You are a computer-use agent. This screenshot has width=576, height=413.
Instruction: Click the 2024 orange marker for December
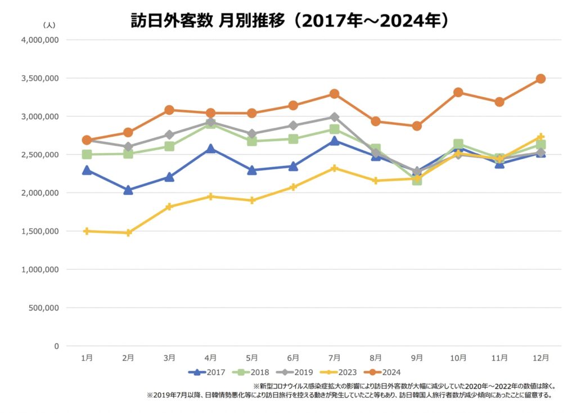coord(541,79)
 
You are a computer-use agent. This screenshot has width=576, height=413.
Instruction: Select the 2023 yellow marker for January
coord(87,231)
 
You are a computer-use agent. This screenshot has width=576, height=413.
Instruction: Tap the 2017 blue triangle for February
coord(128,190)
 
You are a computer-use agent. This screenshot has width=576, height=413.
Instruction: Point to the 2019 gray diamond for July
coord(334,117)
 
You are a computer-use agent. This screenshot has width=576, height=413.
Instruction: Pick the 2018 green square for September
coord(417,180)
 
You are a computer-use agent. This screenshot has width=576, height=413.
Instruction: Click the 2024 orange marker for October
coord(458,92)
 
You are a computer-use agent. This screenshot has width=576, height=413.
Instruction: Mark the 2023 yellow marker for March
coord(169,206)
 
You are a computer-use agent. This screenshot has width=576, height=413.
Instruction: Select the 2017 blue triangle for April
coord(210,149)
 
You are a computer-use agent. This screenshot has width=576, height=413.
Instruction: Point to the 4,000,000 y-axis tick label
coord(40,40)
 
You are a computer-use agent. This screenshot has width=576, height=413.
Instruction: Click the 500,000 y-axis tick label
coord(43,308)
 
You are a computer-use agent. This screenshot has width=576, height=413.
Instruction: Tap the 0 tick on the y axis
coord(56,346)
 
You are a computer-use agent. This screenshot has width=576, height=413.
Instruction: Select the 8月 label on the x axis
coord(376,357)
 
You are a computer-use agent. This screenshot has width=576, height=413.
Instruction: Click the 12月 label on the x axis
coord(541,357)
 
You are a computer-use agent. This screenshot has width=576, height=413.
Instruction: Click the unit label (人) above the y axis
coord(49,25)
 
